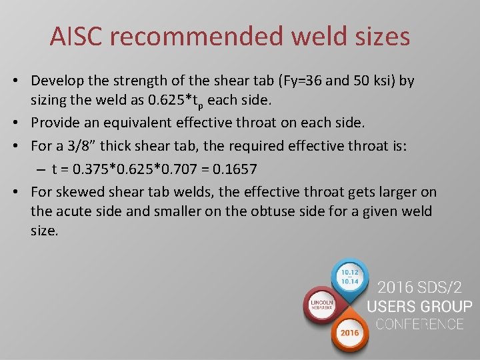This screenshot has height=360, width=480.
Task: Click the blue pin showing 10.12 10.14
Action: pyautogui.click(x=350, y=277)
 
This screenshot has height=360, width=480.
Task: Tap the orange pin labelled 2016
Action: pyautogui.click(x=349, y=331)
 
